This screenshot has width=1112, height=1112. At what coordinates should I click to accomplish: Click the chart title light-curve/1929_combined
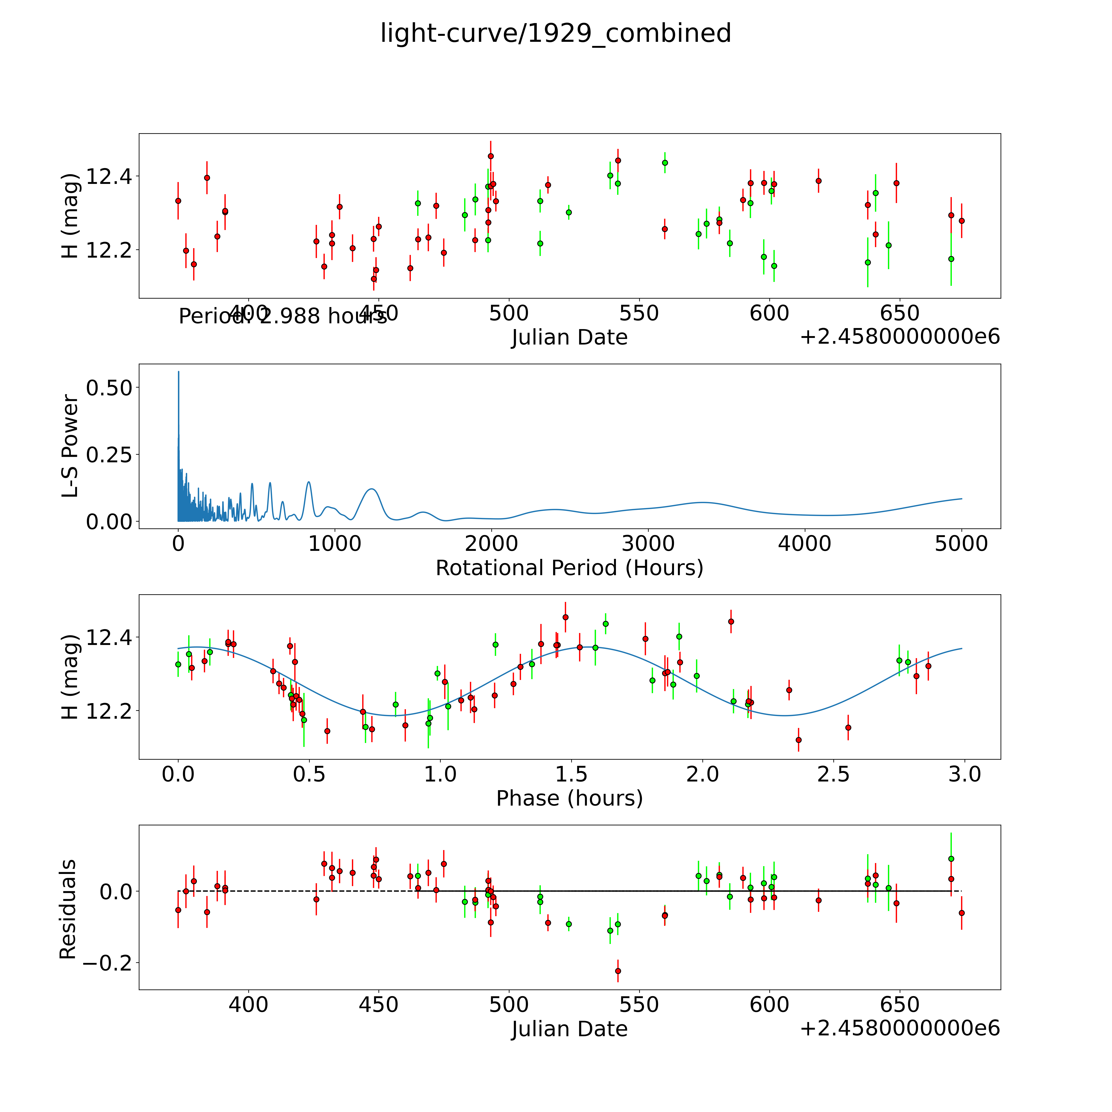click(555, 33)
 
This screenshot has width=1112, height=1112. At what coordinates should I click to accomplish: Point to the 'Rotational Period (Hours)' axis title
click(569, 568)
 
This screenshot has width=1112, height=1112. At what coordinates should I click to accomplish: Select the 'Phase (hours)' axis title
click(569, 798)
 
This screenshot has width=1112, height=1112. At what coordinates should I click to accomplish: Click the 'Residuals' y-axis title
click(68, 909)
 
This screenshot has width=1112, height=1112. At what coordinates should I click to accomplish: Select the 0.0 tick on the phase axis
click(178, 774)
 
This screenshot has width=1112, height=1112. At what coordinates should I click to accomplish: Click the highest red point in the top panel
click(490, 156)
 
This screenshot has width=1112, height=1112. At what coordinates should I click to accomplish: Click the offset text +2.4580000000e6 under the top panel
click(900, 337)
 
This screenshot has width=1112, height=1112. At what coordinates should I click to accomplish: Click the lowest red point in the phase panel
click(798, 740)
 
